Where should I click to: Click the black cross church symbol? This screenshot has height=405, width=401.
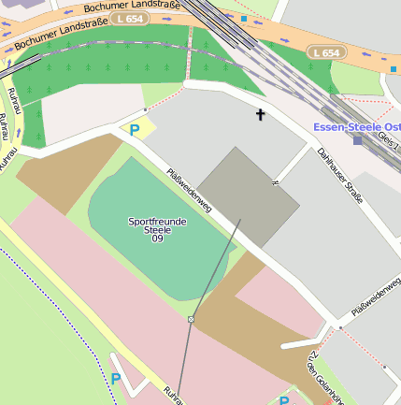tap(261, 114)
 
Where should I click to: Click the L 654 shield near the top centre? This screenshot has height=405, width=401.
tap(128, 19)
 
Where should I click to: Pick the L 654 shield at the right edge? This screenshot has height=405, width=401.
tap(326, 53)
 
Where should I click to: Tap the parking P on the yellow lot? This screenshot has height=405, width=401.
tap(135, 130)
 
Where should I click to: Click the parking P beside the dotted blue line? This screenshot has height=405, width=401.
tap(116, 379)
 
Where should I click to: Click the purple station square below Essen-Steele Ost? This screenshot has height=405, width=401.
tap(357, 140)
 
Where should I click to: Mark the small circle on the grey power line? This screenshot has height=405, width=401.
tap(191, 319)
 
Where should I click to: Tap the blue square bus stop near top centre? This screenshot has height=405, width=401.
tap(244, 18)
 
